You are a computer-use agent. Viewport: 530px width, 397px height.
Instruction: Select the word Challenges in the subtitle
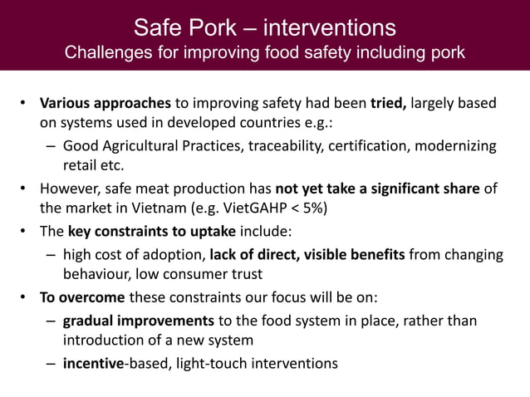pos(106,53)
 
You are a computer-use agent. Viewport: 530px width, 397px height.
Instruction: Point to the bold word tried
pos(388,104)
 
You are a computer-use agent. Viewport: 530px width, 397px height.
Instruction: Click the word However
pos(71,189)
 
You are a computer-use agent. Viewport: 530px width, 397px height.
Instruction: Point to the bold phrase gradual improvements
pos(136,321)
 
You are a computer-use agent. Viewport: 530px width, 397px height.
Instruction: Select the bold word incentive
pos(93,363)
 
